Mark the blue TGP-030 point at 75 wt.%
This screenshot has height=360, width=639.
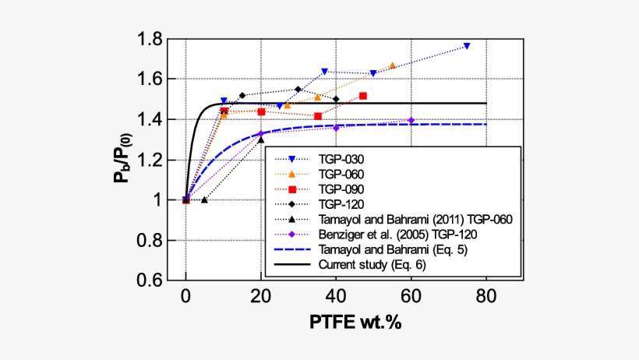click(467, 46)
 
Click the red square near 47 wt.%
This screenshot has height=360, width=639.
click(363, 96)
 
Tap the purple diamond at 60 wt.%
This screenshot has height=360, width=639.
click(411, 121)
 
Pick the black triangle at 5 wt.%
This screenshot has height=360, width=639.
click(204, 199)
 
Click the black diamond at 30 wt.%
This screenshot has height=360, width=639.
click(298, 89)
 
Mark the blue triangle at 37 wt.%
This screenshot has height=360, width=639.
click(324, 72)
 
